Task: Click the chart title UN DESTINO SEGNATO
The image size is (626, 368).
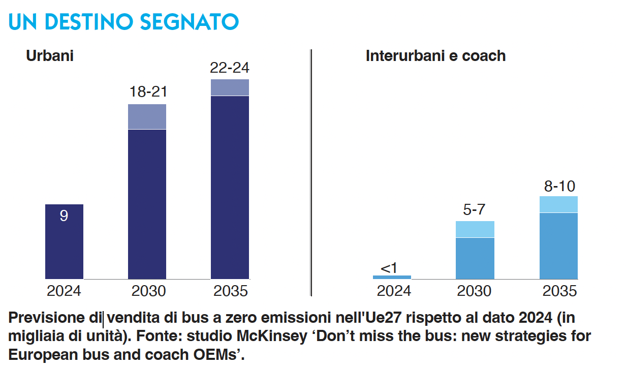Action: pyautogui.click(x=124, y=22)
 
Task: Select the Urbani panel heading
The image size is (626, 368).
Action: pyautogui.click(x=50, y=55)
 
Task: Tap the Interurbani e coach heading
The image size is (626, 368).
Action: pyautogui.click(x=435, y=55)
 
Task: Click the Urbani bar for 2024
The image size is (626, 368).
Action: pyautogui.click(x=64, y=241)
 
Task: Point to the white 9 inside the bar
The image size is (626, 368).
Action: pyautogui.click(x=64, y=216)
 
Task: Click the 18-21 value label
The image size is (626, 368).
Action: pyautogui.click(x=148, y=91)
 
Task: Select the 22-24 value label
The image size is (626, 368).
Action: pyautogui.click(x=230, y=68)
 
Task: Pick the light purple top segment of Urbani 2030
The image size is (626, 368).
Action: pyautogui.click(x=147, y=116)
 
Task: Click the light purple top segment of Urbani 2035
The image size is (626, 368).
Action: pyautogui.click(x=230, y=87)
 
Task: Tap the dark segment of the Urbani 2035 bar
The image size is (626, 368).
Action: pyautogui.click(x=230, y=188)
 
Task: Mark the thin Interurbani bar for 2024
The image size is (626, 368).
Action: pyautogui.click(x=392, y=278)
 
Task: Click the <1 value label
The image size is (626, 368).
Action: pyautogui.click(x=389, y=268)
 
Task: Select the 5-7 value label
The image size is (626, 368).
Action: pyautogui.click(x=474, y=209)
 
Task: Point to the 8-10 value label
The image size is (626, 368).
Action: pyautogui.click(x=559, y=186)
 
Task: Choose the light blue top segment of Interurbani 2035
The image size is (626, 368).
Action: pyautogui.click(x=558, y=204)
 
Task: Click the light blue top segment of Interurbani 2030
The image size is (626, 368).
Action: pyautogui.click(x=475, y=229)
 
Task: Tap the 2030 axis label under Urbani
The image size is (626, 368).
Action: pyautogui.click(x=148, y=291)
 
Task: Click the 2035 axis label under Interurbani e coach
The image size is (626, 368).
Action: pyautogui.click(x=559, y=291)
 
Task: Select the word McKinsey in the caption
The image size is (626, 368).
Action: pyautogui.click(x=272, y=336)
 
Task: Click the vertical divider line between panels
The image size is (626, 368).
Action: pyautogui.click(x=311, y=173)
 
